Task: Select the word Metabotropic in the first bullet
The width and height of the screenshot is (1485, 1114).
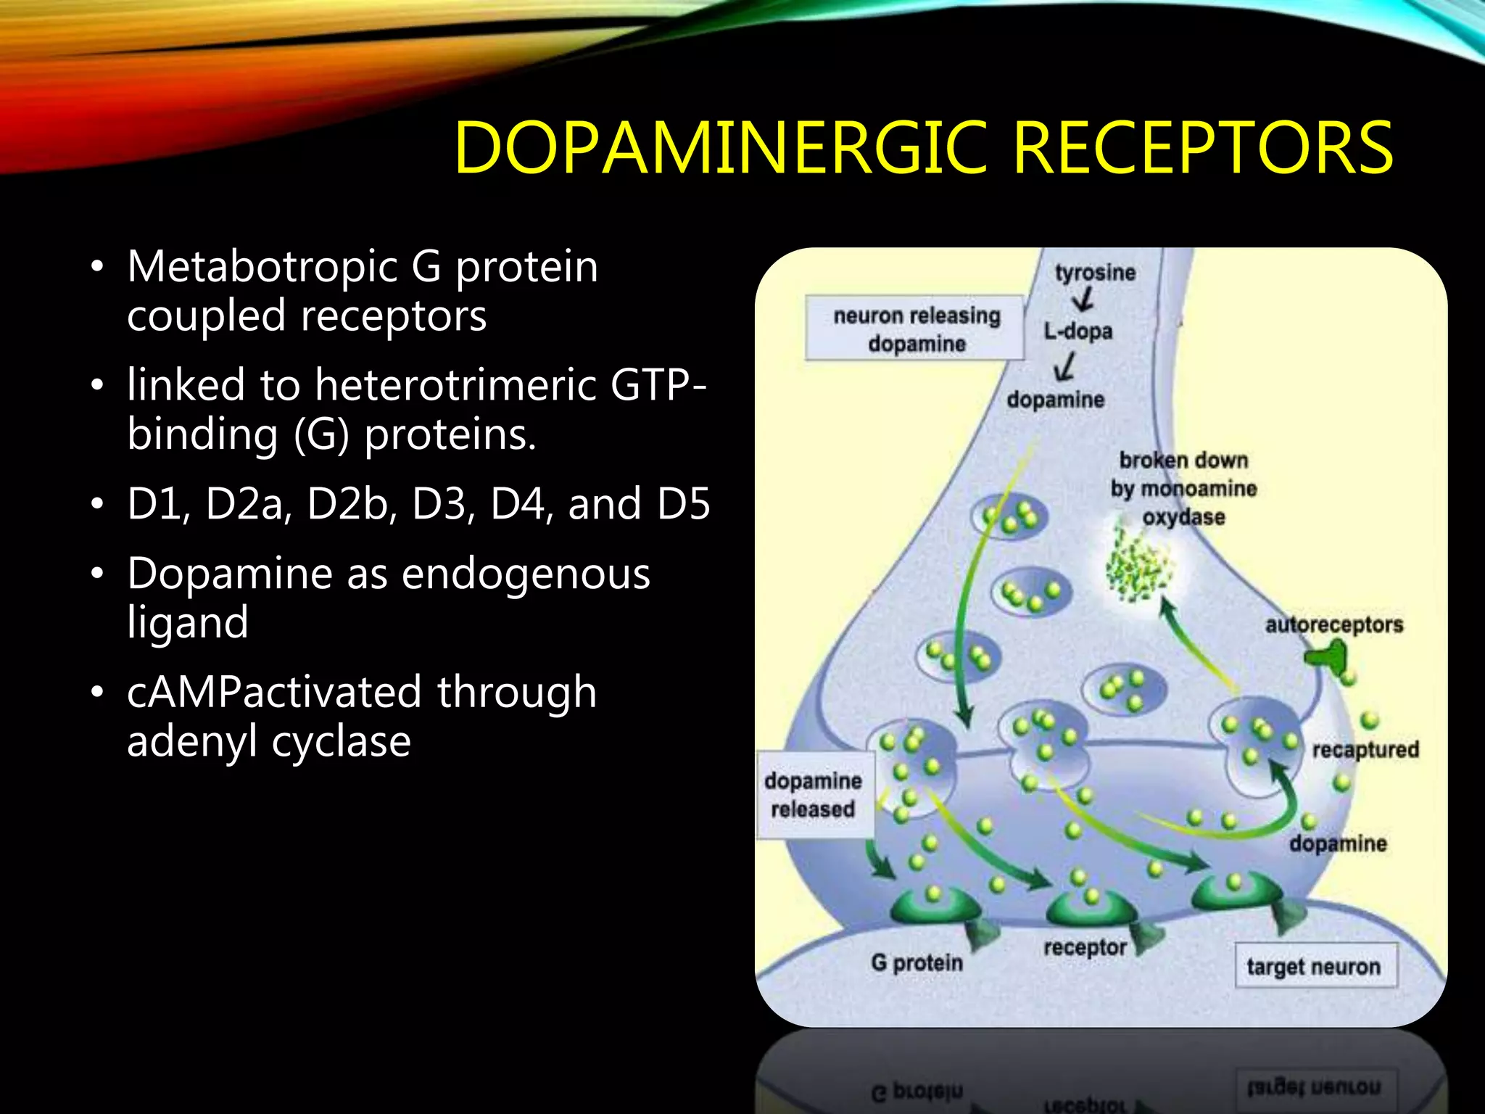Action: [261, 267]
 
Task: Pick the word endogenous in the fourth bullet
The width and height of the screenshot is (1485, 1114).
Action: [525, 574]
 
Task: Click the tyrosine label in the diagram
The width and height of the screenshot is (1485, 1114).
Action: [1095, 273]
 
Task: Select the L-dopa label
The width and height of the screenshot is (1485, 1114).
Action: [1077, 331]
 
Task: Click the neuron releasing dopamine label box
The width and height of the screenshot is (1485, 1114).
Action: [916, 329]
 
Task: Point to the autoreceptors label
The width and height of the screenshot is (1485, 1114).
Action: [1333, 625]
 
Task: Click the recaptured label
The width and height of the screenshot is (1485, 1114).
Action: [1365, 750]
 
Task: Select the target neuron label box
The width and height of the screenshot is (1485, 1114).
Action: [1315, 967]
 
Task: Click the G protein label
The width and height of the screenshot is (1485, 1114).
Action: [917, 963]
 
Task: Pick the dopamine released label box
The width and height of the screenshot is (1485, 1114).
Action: [814, 795]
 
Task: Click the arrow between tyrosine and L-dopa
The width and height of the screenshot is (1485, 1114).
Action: [1083, 300]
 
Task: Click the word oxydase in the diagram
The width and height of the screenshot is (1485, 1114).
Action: [1183, 518]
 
